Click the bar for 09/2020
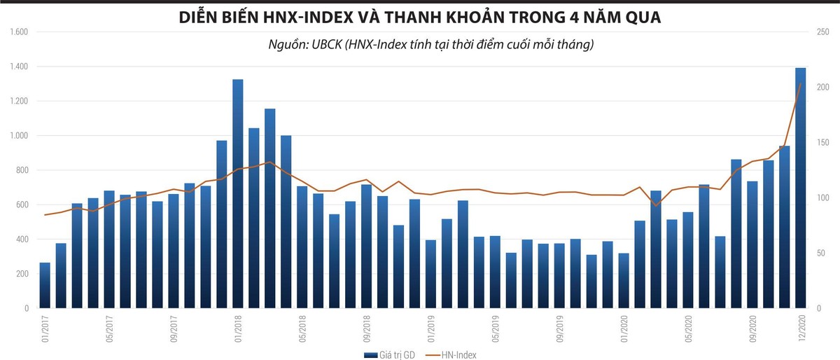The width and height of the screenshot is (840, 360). point(752,244)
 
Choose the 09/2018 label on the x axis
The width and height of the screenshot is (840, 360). point(367,328)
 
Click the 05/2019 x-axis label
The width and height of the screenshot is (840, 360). point(496,328)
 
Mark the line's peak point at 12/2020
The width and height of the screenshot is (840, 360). point(801,84)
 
